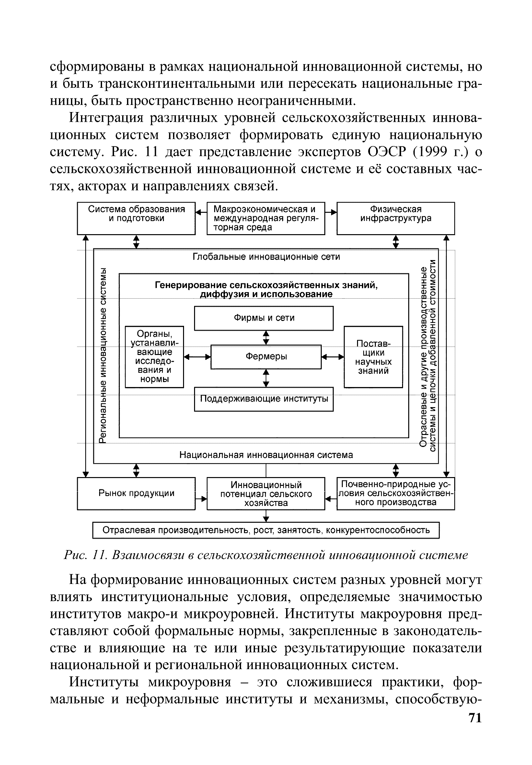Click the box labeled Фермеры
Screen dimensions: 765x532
point(266,357)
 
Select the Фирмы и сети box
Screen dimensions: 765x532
point(264,318)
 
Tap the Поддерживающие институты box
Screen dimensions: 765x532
point(264,399)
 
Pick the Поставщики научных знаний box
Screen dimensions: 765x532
point(373,357)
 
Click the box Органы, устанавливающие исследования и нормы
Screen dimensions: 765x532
point(154,357)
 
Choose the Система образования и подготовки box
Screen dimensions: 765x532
point(136,218)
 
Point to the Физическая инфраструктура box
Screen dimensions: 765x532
point(396,218)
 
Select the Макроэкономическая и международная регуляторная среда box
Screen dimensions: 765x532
point(266,218)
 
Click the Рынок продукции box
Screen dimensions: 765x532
point(136,494)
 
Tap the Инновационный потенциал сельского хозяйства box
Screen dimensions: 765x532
point(266,494)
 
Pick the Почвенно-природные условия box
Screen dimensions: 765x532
point(396,494)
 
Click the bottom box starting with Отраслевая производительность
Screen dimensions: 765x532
point(266,530)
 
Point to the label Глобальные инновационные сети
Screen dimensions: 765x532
point(266,257)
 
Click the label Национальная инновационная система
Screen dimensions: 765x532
point(266,455)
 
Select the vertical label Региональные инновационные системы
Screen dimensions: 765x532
point(104,357)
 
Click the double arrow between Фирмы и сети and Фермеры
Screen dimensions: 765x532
point(266,337)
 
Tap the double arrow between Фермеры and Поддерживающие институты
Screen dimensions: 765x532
point(266,378)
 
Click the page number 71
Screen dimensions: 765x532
point(475,727)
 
